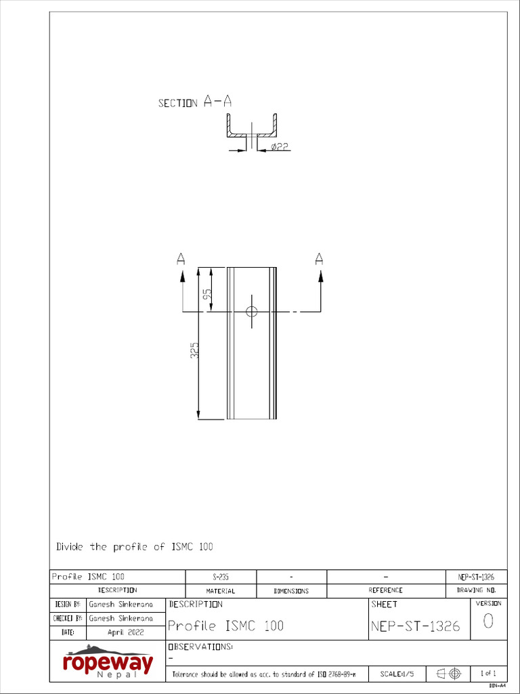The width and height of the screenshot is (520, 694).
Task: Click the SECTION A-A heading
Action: point(195,102)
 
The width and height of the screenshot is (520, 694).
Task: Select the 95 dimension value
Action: point(207,295)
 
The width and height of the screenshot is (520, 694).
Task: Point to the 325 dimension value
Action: point(194,350)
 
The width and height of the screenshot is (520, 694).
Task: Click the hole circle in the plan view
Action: point(252,312)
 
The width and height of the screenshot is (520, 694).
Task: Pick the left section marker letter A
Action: point(181,258)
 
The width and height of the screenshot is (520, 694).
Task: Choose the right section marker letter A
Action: point(320,258)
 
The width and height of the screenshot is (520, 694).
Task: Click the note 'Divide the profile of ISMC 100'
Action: point(134,546)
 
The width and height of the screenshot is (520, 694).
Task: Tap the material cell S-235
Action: point(221,577)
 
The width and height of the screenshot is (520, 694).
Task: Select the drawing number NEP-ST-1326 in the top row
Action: point(476,577)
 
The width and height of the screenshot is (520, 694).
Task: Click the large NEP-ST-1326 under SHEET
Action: point(416,626)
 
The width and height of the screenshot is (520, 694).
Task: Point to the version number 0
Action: point(488,621)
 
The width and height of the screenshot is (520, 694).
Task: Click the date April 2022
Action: point(125,632)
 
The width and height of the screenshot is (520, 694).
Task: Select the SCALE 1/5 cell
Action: point(397,674)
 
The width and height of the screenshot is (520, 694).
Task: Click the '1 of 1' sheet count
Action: point(488,674)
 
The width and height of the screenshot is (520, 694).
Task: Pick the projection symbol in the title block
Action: point(448,674)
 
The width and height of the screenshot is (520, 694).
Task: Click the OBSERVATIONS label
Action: point(200,647)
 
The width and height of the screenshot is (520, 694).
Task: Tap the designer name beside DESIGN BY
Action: point(121,603)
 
